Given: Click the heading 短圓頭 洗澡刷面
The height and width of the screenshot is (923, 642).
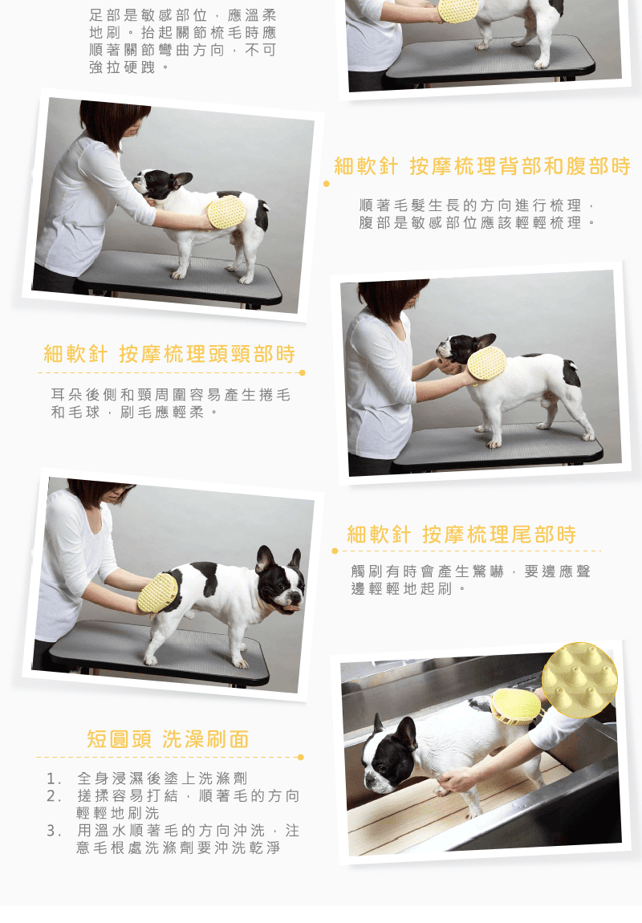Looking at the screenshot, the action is tap(169, 738).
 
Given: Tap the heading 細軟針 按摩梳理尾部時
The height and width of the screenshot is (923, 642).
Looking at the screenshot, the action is tap(461, 535).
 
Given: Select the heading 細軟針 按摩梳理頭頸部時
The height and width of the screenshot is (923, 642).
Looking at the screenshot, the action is tap(169, 354).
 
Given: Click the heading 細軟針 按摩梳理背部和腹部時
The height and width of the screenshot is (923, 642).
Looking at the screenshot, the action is tap(482, 166).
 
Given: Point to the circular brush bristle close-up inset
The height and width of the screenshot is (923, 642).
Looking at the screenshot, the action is tap(579, 680).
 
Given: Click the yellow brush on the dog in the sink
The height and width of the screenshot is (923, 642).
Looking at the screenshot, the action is tap(515, 705).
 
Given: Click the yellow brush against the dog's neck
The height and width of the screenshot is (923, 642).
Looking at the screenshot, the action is tap(486, 364).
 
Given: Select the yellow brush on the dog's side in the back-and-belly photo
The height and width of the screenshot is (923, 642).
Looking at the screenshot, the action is tap(226, 212).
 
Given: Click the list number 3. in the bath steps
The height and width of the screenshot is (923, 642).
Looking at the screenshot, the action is tap(54, 831).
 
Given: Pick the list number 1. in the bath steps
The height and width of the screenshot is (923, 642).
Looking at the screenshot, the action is tap(54, 779).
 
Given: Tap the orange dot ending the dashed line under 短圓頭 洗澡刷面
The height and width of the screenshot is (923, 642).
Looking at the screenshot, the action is tap(301, 757).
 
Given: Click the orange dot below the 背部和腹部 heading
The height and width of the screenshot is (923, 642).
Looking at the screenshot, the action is tap(327, 184).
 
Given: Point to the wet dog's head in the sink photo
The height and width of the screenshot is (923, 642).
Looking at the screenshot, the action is tap(389, 754).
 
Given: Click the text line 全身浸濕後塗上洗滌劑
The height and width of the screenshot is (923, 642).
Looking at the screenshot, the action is tap(162, 779).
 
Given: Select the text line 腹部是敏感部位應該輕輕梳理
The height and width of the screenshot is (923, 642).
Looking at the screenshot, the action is tap(477, 222).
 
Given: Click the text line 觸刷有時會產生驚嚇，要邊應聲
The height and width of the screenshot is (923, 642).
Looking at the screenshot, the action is tap(471, 571).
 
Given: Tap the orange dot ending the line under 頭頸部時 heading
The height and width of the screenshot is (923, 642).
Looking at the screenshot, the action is tap(303, 372).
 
